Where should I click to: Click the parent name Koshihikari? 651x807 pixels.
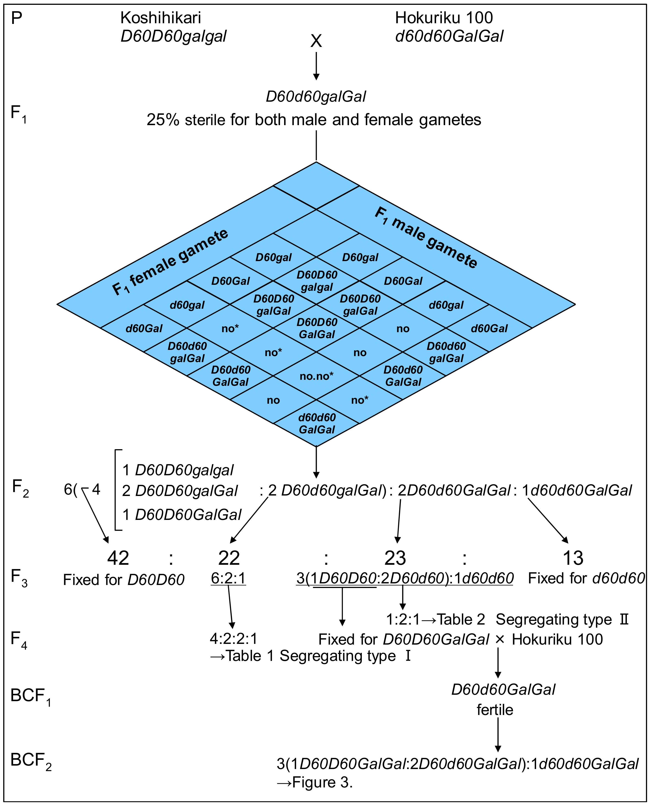160,18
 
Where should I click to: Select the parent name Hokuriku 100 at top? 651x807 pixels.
444,18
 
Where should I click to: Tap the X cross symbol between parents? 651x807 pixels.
316,41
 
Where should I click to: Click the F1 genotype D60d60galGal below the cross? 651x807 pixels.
316,97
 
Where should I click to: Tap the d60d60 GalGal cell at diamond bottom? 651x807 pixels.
317,424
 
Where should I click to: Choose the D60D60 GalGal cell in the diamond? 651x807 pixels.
317,328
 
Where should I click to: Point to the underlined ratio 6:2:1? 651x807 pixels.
228,579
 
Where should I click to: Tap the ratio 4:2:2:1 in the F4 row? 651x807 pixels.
234,639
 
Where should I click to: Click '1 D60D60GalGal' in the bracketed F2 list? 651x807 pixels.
182,515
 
